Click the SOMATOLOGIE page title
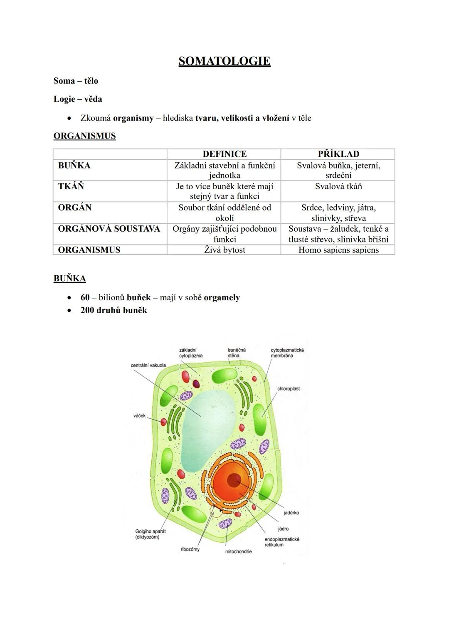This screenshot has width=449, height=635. (x=224, y=61)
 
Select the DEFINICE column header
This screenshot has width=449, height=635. (x=224, y=154)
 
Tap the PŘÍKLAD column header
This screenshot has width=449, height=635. (x=338, y=154)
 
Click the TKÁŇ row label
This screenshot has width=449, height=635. (x=71, y=186)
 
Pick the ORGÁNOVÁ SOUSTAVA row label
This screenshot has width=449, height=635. (x=109, y=229)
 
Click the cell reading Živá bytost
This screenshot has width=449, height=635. (x=224, y=250)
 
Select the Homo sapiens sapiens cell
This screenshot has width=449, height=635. (x=338, y=250)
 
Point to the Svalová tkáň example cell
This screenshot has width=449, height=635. (x=338, y=186)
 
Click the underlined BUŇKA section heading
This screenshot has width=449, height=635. (x=70, y=279)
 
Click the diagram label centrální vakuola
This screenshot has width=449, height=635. (x=148, y=366)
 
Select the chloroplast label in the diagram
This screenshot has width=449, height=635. (x=289, y=389)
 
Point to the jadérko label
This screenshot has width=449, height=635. (x=291, y=513)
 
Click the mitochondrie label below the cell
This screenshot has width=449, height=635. (x=238, y=551)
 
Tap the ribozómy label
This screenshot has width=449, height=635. (x=190, y=549)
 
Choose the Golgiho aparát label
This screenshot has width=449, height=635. (x=150, y=531)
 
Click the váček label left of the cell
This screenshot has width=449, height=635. (x=139, y=415)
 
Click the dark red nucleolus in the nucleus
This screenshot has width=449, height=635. (x=234, y=480)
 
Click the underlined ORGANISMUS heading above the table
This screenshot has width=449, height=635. (x=85, y=136)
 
